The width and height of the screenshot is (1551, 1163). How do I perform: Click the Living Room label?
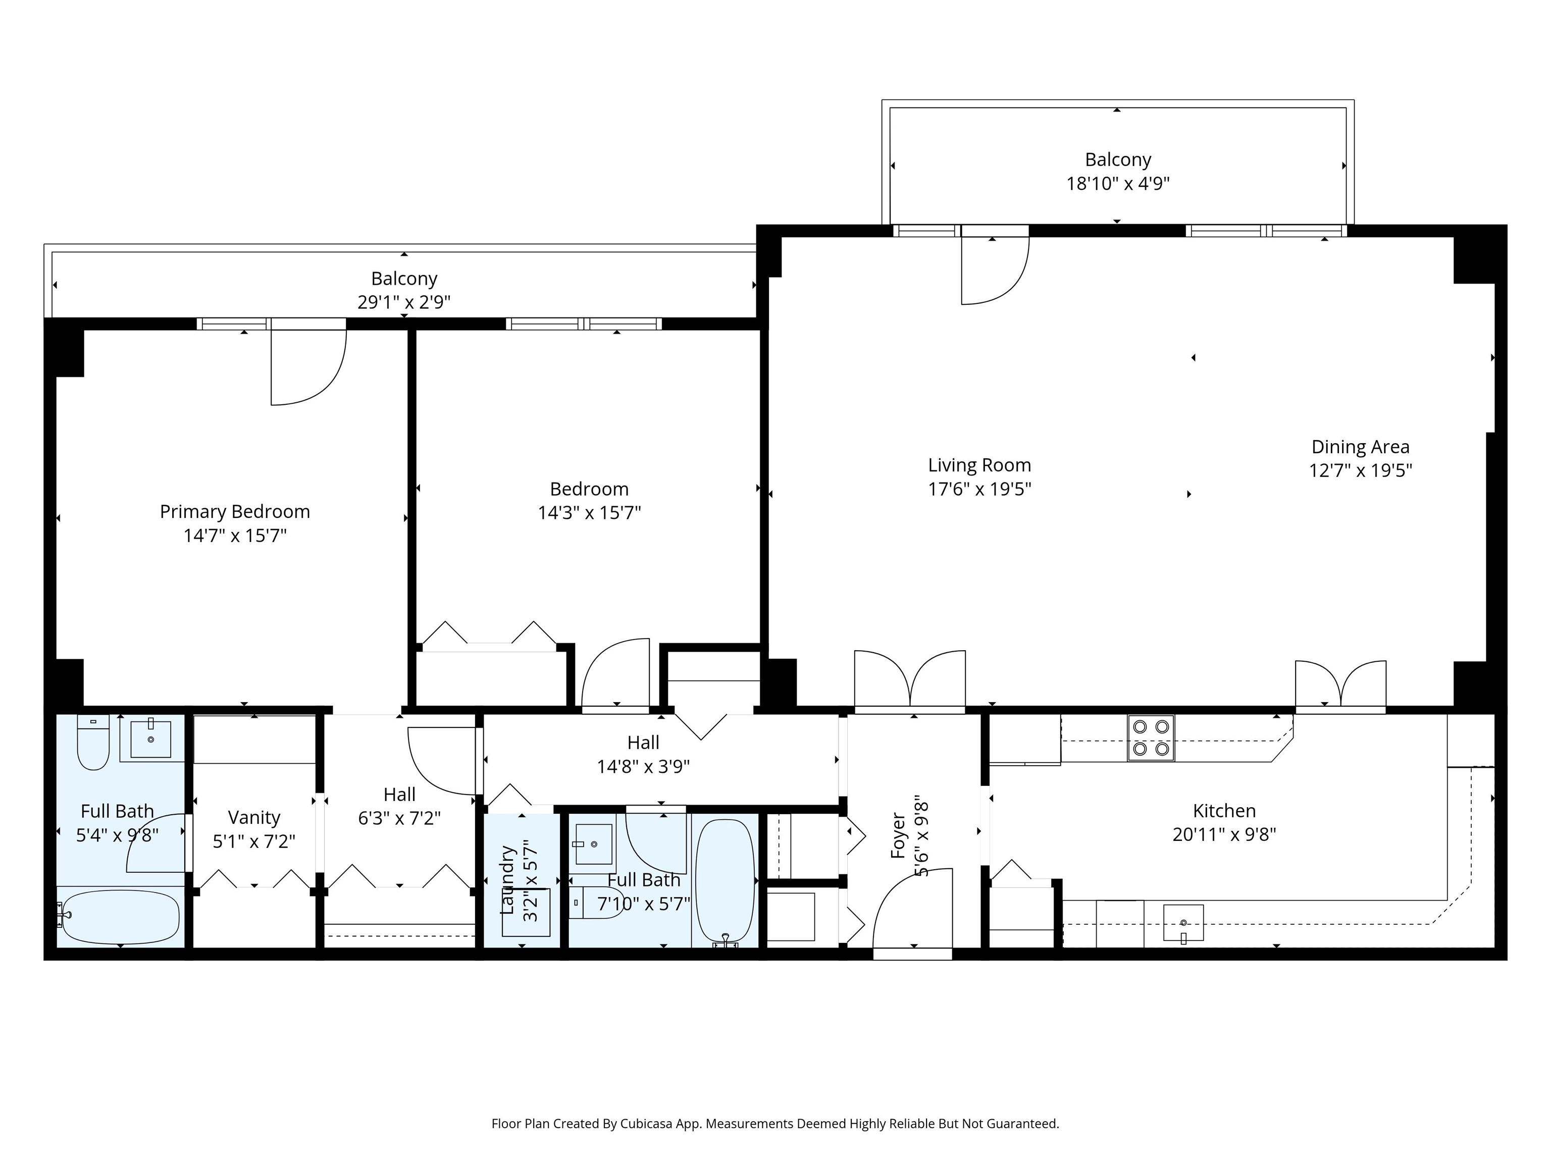[x=979, y=465]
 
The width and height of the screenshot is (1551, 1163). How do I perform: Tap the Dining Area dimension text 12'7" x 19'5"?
[x=1360, y=470]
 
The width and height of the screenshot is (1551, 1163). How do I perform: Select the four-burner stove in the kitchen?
[x=1151, y=737]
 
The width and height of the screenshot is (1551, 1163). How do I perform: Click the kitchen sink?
[x=1183, y=923]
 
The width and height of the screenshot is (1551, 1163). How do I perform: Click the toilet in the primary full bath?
[x=92, y=743]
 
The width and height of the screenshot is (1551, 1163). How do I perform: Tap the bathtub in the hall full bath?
[x=725, y=880]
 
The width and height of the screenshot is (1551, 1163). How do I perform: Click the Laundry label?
[x=507, y=880]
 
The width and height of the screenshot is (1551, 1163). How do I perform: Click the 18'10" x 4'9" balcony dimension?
[x=1118, y=184]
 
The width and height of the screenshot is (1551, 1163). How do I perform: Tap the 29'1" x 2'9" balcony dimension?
[x=404, y=302]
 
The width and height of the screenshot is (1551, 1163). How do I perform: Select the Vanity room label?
[x=254, y=817]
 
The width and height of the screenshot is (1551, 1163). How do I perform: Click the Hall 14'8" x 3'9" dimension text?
[x=643, y=766]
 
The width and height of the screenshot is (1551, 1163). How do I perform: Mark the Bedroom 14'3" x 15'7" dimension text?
[x=589, y=513]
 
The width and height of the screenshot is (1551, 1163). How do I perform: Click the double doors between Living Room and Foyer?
[x=909, y=680]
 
